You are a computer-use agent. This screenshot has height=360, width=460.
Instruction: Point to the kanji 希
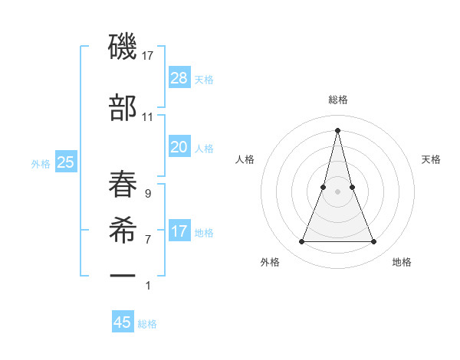tap(123, 230)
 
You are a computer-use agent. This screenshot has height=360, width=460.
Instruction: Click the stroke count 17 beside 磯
tap(148, 56)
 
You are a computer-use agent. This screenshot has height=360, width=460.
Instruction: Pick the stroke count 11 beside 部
tap(148, 116)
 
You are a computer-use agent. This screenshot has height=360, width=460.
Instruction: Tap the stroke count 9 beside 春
tap(147, 194)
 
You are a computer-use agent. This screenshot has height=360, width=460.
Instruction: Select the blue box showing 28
tap(179, 78)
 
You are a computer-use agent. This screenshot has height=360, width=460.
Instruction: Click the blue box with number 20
tap(179, 147)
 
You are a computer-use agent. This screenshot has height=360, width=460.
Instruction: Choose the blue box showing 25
tap(65, 162)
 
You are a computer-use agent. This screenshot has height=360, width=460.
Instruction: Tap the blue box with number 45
tap(123, 322)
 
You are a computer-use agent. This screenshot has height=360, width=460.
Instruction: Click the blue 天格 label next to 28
tap(204, 79)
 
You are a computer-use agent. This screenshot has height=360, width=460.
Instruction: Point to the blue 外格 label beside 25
tap(41, 163)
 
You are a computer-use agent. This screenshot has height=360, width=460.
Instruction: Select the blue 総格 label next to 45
tap(147, 323)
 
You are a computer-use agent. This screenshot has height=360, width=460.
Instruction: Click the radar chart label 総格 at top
tap(338, 100)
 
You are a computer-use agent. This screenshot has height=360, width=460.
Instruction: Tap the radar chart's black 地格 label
tap(402, 262)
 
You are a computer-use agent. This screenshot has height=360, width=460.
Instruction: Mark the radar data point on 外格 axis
tap(301, 242)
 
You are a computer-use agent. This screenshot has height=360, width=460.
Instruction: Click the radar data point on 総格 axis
tap(337, 129)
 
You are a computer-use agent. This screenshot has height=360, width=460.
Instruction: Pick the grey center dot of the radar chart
tap(337, 191)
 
